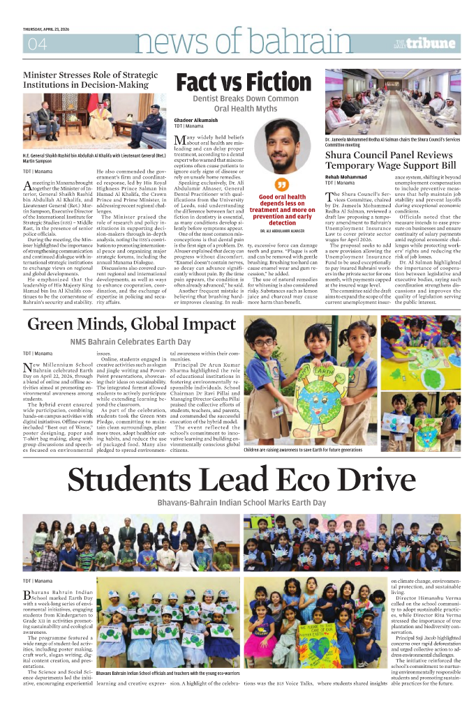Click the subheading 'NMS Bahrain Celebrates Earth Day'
click(x=130, y=342)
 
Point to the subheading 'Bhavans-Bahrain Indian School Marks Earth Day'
click(x=241, y=502)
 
